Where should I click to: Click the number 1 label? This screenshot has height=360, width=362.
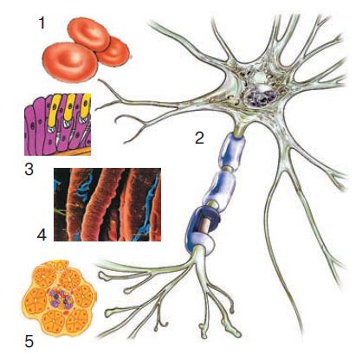click(x=42, y=22)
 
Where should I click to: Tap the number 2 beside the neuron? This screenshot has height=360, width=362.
click(x=199, y=138)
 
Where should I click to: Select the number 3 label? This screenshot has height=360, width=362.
click(x=29, y=170)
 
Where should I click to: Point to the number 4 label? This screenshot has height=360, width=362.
click(x=42, y=235)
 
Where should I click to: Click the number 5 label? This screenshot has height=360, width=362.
click(x=29, y=342)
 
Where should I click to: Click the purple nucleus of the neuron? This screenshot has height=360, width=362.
click(x=260, y=98)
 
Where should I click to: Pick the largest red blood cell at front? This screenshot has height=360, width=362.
click(x=70, y=61)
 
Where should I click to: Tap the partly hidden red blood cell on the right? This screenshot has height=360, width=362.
click(x=114, y=52)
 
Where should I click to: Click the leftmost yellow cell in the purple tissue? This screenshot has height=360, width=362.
click(x=54, y=111)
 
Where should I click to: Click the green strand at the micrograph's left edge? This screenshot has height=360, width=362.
click(x=60, y=212)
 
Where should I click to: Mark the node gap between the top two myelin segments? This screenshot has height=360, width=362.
click(x=229, y=169)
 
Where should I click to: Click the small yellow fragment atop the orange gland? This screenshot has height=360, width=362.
click(x=62, y=264)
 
